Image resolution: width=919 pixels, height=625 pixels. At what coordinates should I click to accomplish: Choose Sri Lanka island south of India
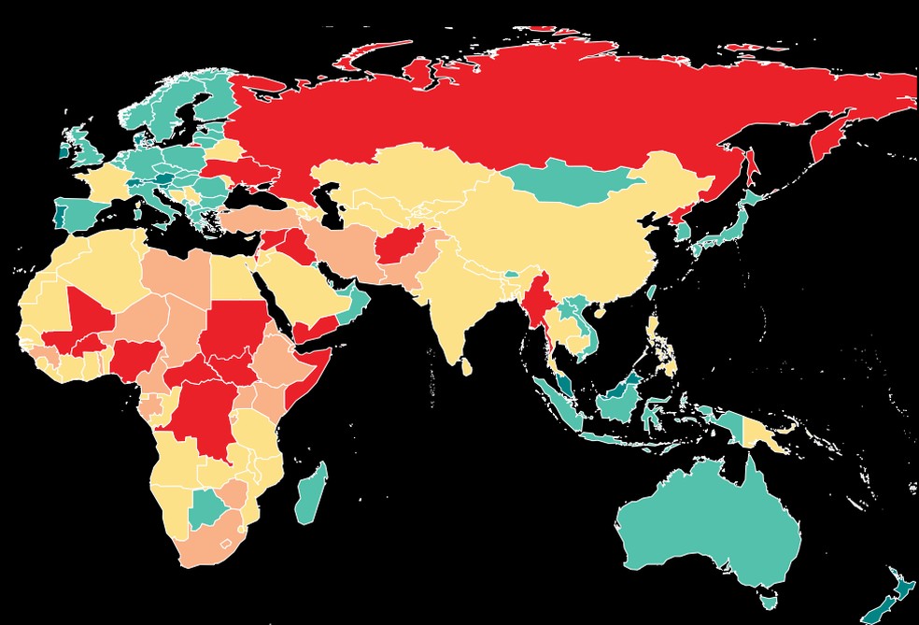[x=466, y=365]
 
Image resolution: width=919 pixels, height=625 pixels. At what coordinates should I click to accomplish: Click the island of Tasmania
[x=769, y=595]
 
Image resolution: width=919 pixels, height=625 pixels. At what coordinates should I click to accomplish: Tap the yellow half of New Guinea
[x=761, y=431]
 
